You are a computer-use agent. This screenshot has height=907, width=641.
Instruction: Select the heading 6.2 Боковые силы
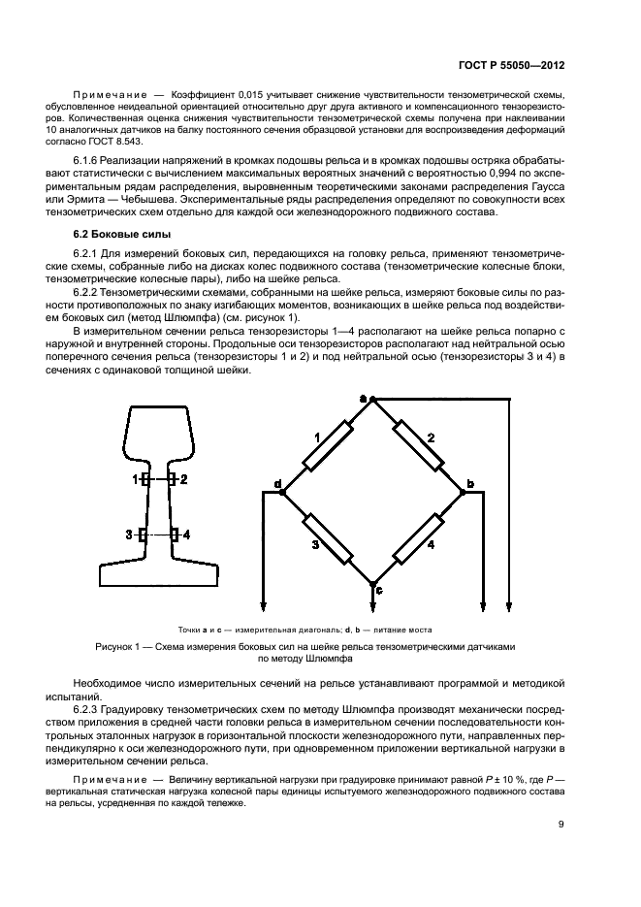point(122,234)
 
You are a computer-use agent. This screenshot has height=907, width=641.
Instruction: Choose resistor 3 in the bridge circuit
point(326,538)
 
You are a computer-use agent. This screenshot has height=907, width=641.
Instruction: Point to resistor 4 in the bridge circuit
point(417,538)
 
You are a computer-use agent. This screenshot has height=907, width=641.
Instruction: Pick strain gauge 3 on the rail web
point(143,534)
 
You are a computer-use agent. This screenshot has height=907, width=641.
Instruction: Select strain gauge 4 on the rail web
point(174,534)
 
